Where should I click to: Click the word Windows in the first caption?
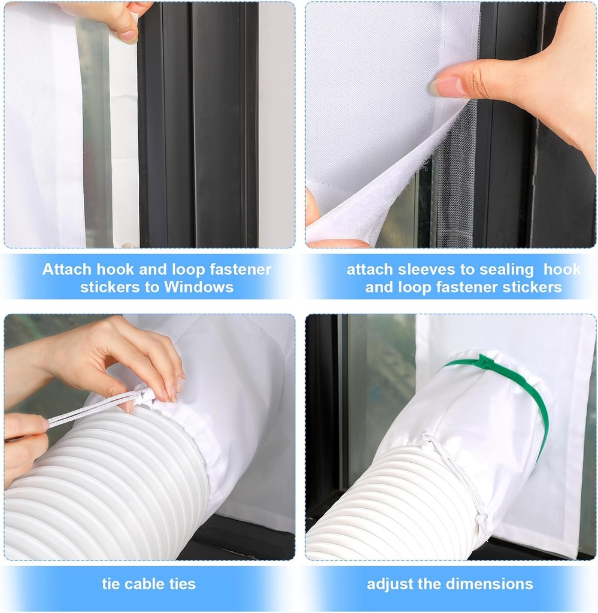coord(197,287)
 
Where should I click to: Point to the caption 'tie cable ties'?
coord(148,584)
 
